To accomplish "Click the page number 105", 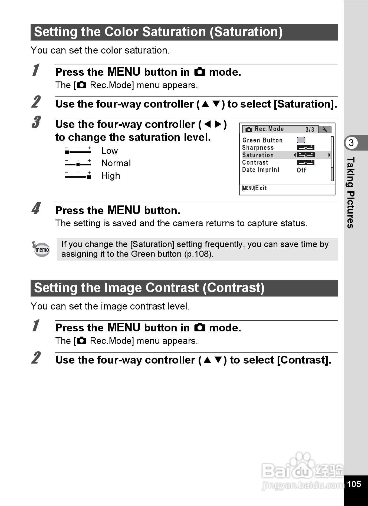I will point(354,484).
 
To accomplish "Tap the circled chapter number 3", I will point(351,143).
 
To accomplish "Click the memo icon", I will point(41,249).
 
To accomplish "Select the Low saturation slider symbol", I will point(78,151).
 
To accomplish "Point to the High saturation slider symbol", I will point(78,176).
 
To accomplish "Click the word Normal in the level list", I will point(116,163).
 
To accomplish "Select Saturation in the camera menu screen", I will point(258,155).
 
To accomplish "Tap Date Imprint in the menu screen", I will point(261,170).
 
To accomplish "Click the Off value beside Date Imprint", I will point(301,170).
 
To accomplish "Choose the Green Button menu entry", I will point(262,140).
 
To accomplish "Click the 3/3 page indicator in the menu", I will point(310,129).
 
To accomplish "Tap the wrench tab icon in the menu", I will point(325,129).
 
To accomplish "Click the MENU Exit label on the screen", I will point(255,188).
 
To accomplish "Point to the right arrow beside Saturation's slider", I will point(329,155).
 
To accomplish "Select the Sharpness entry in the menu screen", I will point(258,148).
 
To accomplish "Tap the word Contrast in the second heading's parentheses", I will point(234,288).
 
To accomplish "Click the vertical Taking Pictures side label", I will point(351,192).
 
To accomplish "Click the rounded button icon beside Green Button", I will point(301,140).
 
